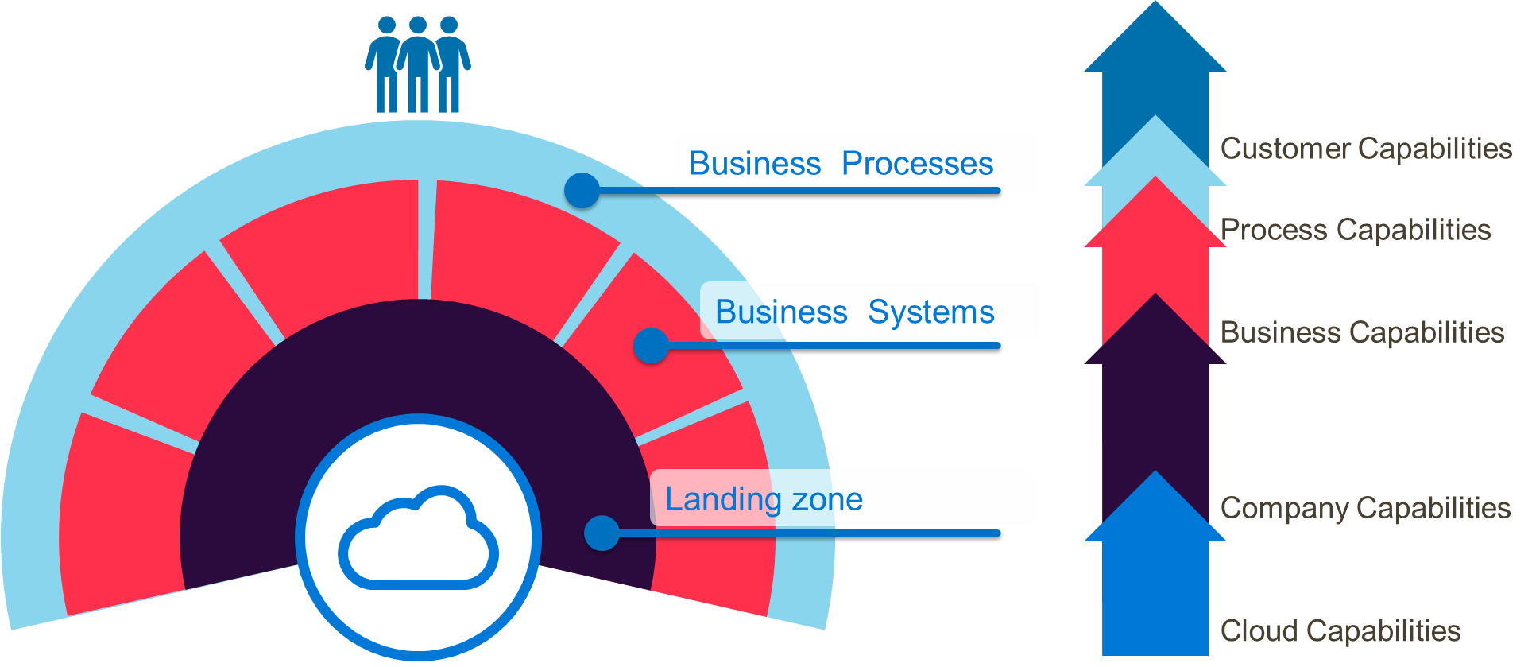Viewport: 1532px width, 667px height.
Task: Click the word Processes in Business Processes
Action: [917, 164]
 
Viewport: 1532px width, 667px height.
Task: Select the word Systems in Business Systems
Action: [930, 312]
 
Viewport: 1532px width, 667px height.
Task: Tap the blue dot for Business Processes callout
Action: [582, 191]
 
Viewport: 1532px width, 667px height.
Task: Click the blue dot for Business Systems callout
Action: [651, 346]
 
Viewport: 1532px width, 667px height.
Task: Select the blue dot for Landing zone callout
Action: [602, 533]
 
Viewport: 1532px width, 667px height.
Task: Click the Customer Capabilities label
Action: [1366, 149]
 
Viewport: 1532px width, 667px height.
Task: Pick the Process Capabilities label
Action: [1356, 230]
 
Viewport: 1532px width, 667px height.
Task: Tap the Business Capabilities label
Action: [1362, 332]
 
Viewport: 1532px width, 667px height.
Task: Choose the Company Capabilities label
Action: [1365, 508]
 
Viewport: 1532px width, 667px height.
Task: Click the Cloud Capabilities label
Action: [1340, 631]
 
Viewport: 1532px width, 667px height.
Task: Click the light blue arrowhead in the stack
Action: [1155, 155]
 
